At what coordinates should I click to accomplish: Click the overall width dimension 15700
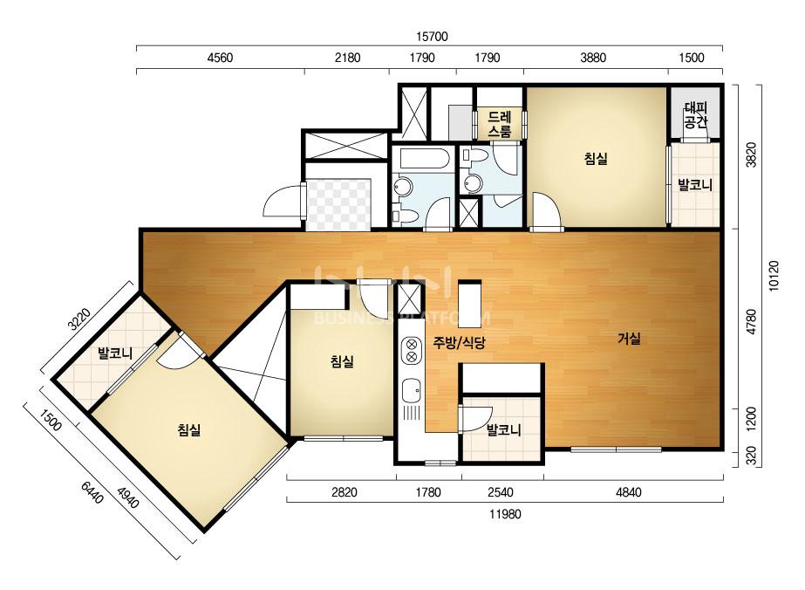click(x=432, y=37)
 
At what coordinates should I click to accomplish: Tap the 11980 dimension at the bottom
click(x=505, y=514)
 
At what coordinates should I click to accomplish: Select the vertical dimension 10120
click(x=774, y=276)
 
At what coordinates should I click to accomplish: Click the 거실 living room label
click(x=629, y=339)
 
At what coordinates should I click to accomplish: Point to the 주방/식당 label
click(x=459, y=342)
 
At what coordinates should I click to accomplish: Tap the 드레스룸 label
click(x=500, y=125)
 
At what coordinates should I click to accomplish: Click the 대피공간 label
click(x=696, y=115)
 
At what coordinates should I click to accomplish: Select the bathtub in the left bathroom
click(x=423, y=158)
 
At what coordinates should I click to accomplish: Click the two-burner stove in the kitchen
click(x=412, y=349)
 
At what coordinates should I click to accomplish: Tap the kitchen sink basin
click(x=412, y=391)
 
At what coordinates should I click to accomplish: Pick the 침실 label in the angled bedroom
click(x=189, y=429)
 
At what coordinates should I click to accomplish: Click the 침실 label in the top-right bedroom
click(x=596, y=158)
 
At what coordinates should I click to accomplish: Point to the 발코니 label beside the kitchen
click(x=503, y=429)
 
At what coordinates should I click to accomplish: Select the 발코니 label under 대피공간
click(x=695, y=184)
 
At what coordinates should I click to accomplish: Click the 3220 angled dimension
click(x=79, y=319)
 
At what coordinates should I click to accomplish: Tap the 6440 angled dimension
click(x=92, y=492)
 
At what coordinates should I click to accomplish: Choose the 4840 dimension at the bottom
click(x=629, y=492)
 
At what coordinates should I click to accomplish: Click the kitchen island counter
click(x=469, y=305)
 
